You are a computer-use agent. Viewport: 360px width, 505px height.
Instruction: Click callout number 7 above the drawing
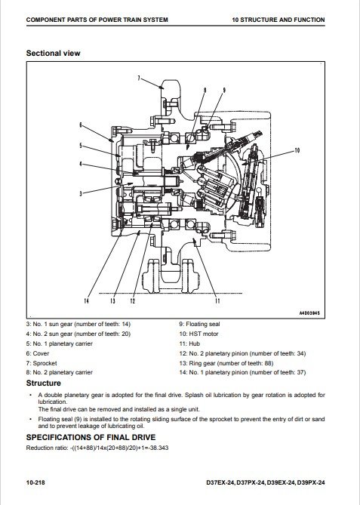pyautogui.click(x=139, y=78)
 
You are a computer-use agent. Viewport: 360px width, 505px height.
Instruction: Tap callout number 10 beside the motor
pyautogui.click(x=297, y=150)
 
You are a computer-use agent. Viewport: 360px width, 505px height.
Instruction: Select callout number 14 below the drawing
pyautogui.click(x=86, y=300)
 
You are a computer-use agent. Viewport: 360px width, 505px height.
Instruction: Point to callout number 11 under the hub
pyautogui.click(x=217, y=300)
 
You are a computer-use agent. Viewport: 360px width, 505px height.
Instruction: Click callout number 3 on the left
pyautogui.click(x=81, y=193)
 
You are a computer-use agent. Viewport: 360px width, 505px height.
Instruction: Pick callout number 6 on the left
pyautogui.click(x=81, y=125)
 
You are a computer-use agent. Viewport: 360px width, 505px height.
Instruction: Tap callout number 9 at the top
pyautogui.click(x=224, y=90)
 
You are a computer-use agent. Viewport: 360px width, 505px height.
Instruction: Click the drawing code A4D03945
pyautogui.click(x=309, y=313)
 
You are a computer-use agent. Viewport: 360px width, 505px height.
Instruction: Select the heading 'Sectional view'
pyautogui.click(x=53, y=53)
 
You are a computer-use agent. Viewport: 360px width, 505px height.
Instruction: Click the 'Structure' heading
pyautogui.click(x=44, y=383)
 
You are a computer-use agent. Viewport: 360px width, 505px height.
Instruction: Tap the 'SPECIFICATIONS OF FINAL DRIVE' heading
pyautogui.click(x=91, y=437)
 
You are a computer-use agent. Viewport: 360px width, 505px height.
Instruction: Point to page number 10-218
pyautogui.click(x=35, y=482)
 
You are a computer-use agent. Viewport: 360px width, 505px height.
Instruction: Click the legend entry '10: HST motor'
pyautogui.click(x=198, y=334)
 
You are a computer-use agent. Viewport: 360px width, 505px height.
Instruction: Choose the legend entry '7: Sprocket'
pyautogui.click(x=42, y=363)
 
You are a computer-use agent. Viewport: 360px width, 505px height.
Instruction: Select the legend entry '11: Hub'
pyautogui.click(x=189, y=343)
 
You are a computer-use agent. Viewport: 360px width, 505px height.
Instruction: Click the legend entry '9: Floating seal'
pyautogui.click(x=200, y=325)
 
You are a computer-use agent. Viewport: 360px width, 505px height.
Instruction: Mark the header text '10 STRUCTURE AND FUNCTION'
pyautogui.click(x=278, y=20)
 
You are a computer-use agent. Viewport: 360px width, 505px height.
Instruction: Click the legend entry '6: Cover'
pyautogui.click(x=38, y=353)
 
